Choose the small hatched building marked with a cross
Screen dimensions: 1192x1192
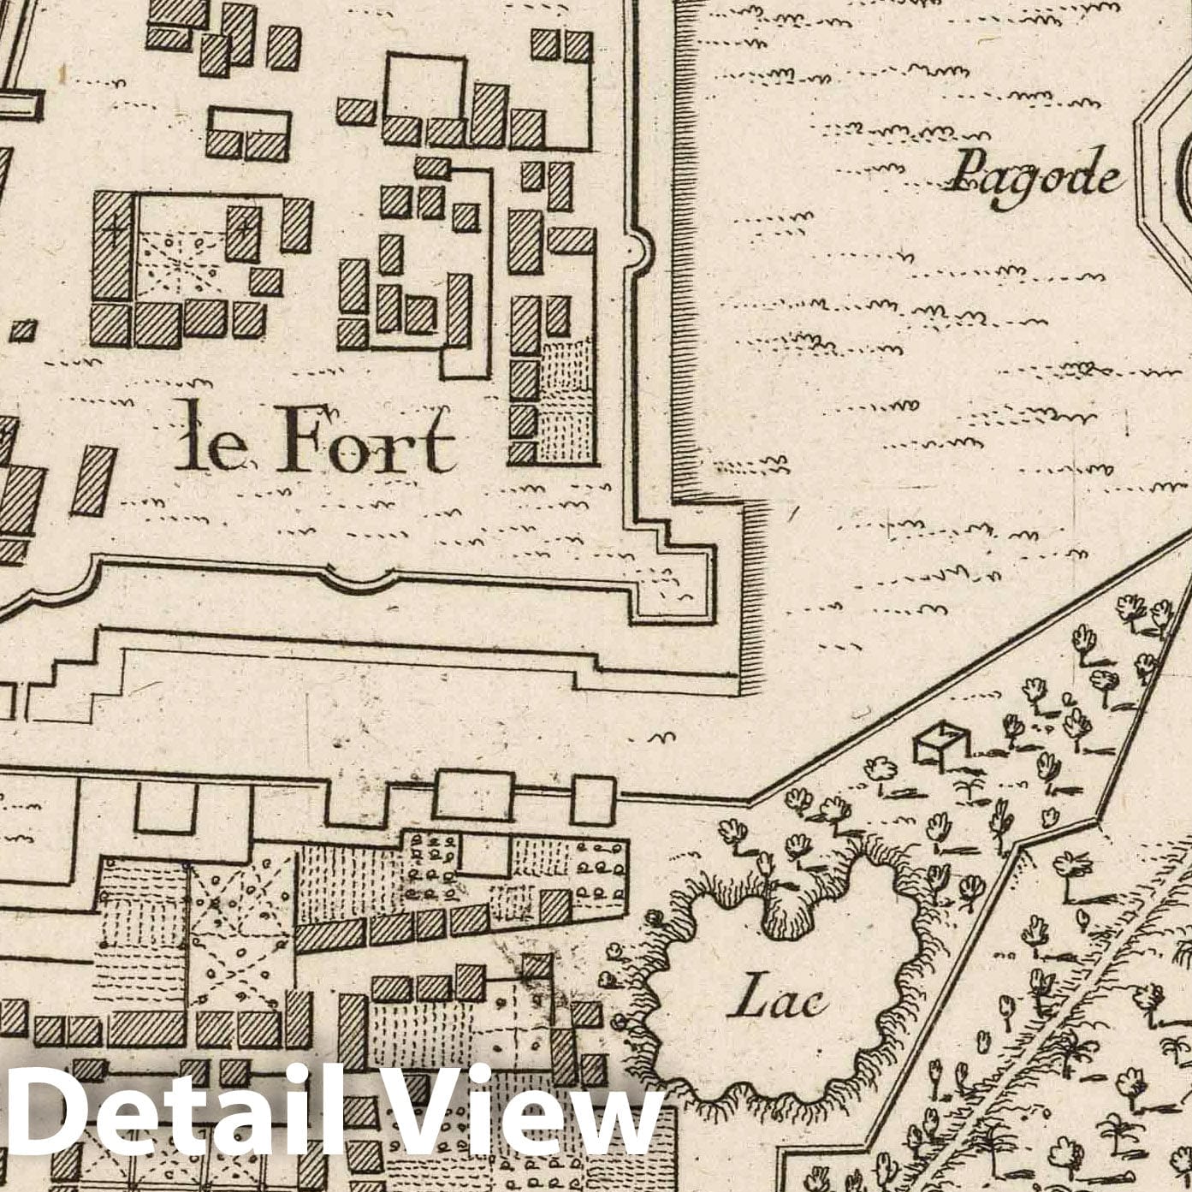[x=243, y=231]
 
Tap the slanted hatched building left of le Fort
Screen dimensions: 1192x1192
[x=92, y=481]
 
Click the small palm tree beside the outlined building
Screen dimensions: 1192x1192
[x=969, y=788]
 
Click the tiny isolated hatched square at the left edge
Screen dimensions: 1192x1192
[x=25, y=329]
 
